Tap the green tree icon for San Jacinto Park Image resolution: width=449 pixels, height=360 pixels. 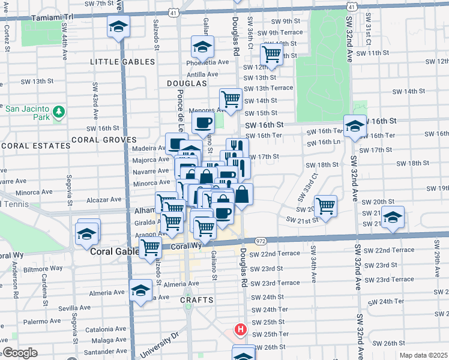point(58,112)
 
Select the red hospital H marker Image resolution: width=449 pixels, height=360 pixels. point(241,329)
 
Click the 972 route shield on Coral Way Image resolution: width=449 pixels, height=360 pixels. point(261,241)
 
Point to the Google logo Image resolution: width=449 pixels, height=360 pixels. point(20,353)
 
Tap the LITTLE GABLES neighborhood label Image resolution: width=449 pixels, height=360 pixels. point(122,62)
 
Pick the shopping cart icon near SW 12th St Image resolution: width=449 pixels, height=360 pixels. point(271,54)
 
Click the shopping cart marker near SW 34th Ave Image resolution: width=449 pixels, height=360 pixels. point(325,206)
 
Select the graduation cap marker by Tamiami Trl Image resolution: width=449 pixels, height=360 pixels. point(119,26)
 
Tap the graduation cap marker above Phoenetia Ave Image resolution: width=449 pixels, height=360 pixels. point(203,46)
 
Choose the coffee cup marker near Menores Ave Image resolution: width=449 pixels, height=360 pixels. point(203,122)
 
